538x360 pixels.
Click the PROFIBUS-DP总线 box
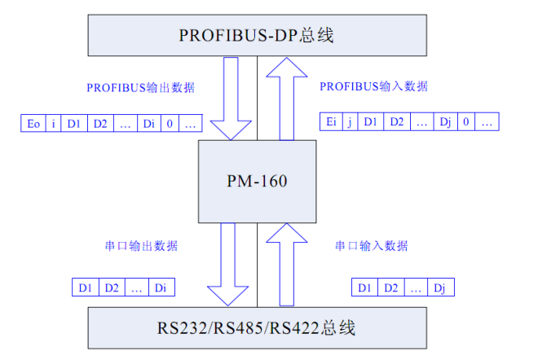coord(256,36)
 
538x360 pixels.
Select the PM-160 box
coord(257,181)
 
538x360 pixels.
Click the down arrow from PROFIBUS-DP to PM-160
coord(232,101)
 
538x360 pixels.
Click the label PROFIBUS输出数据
coord(141,87)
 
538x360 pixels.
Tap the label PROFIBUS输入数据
coord(373,86)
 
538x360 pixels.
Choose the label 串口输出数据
coord(140,246)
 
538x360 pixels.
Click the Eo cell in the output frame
coord(33,124)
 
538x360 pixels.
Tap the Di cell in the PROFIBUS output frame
coord(149,124)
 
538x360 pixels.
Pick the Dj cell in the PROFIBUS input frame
coord(445,122)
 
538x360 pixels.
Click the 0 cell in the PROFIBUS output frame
coord(170,124)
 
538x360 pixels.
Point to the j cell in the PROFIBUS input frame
coord(350,122)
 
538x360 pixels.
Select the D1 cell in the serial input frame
coord(365,288)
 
